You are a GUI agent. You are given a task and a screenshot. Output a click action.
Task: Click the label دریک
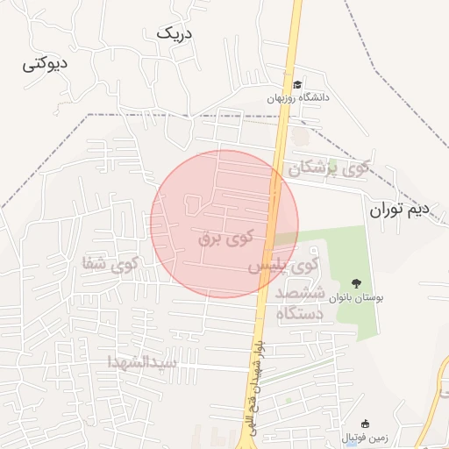174,32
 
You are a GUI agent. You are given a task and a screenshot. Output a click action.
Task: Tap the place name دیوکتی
47,64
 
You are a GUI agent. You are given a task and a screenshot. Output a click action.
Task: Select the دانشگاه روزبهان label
299,98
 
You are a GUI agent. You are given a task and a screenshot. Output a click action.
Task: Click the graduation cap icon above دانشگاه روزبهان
298,85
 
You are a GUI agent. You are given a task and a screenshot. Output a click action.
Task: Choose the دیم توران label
399,210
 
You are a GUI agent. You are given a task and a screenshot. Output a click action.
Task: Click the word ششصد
300,292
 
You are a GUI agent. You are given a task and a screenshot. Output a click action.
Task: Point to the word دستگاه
301,312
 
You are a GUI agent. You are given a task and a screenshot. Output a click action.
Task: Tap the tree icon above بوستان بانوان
356,283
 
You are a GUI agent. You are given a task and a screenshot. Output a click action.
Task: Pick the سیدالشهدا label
142,361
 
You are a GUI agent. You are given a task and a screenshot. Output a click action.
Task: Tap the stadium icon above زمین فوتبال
366,424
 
